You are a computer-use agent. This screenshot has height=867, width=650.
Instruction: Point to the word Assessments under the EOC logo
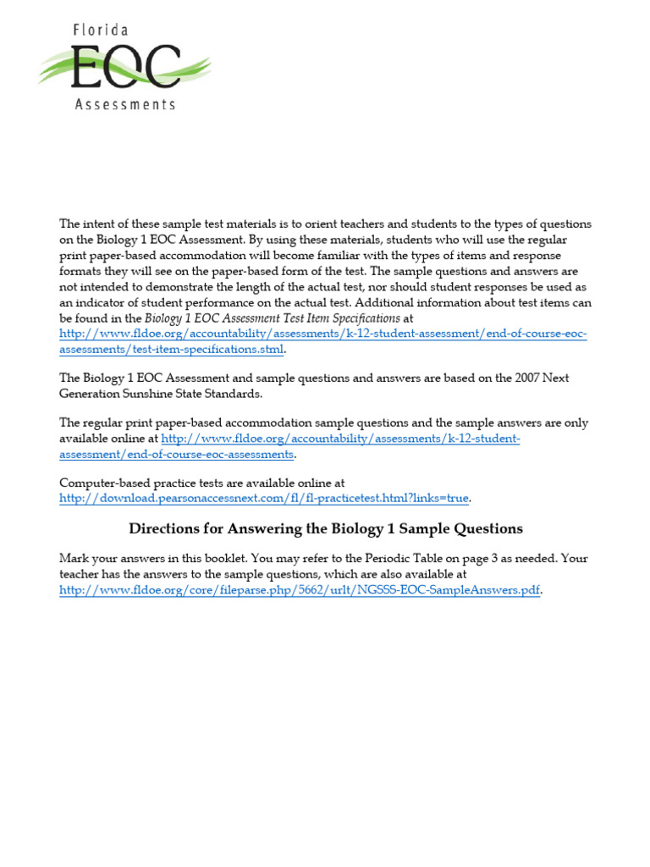pyautogui.click(x=124, y=104)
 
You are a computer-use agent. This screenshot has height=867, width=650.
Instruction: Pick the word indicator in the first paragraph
pyautogui.click(x=102, y=302)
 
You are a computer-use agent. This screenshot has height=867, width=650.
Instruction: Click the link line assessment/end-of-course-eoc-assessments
pyautogui.click(x=176, y=455)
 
